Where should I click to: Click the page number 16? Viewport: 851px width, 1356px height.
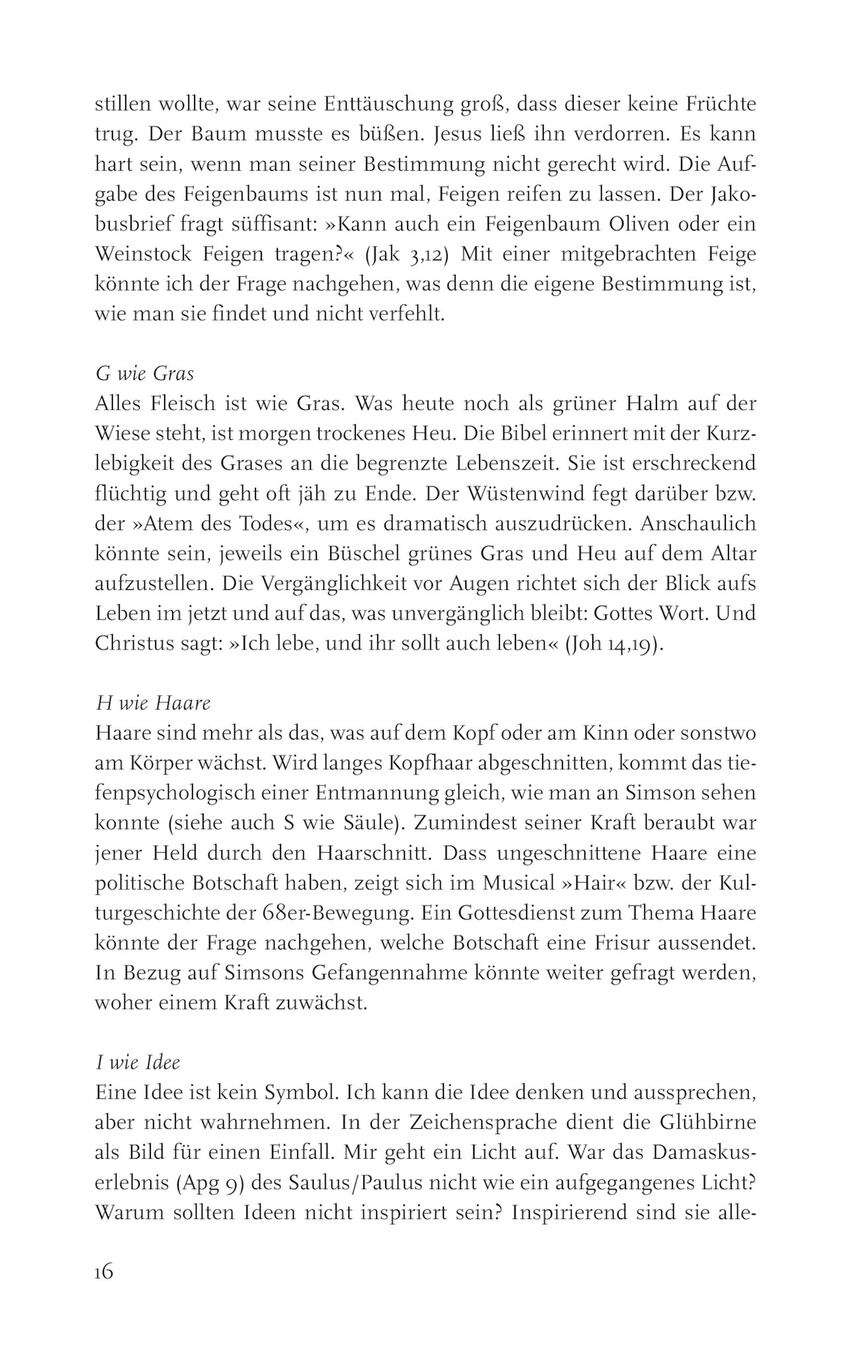tap(105, 1273)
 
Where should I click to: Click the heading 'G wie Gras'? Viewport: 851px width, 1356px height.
tap(145, 374)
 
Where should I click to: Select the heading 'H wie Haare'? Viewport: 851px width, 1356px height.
tap(153, 702)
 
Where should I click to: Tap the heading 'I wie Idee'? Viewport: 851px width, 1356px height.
tap(138, 1063)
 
